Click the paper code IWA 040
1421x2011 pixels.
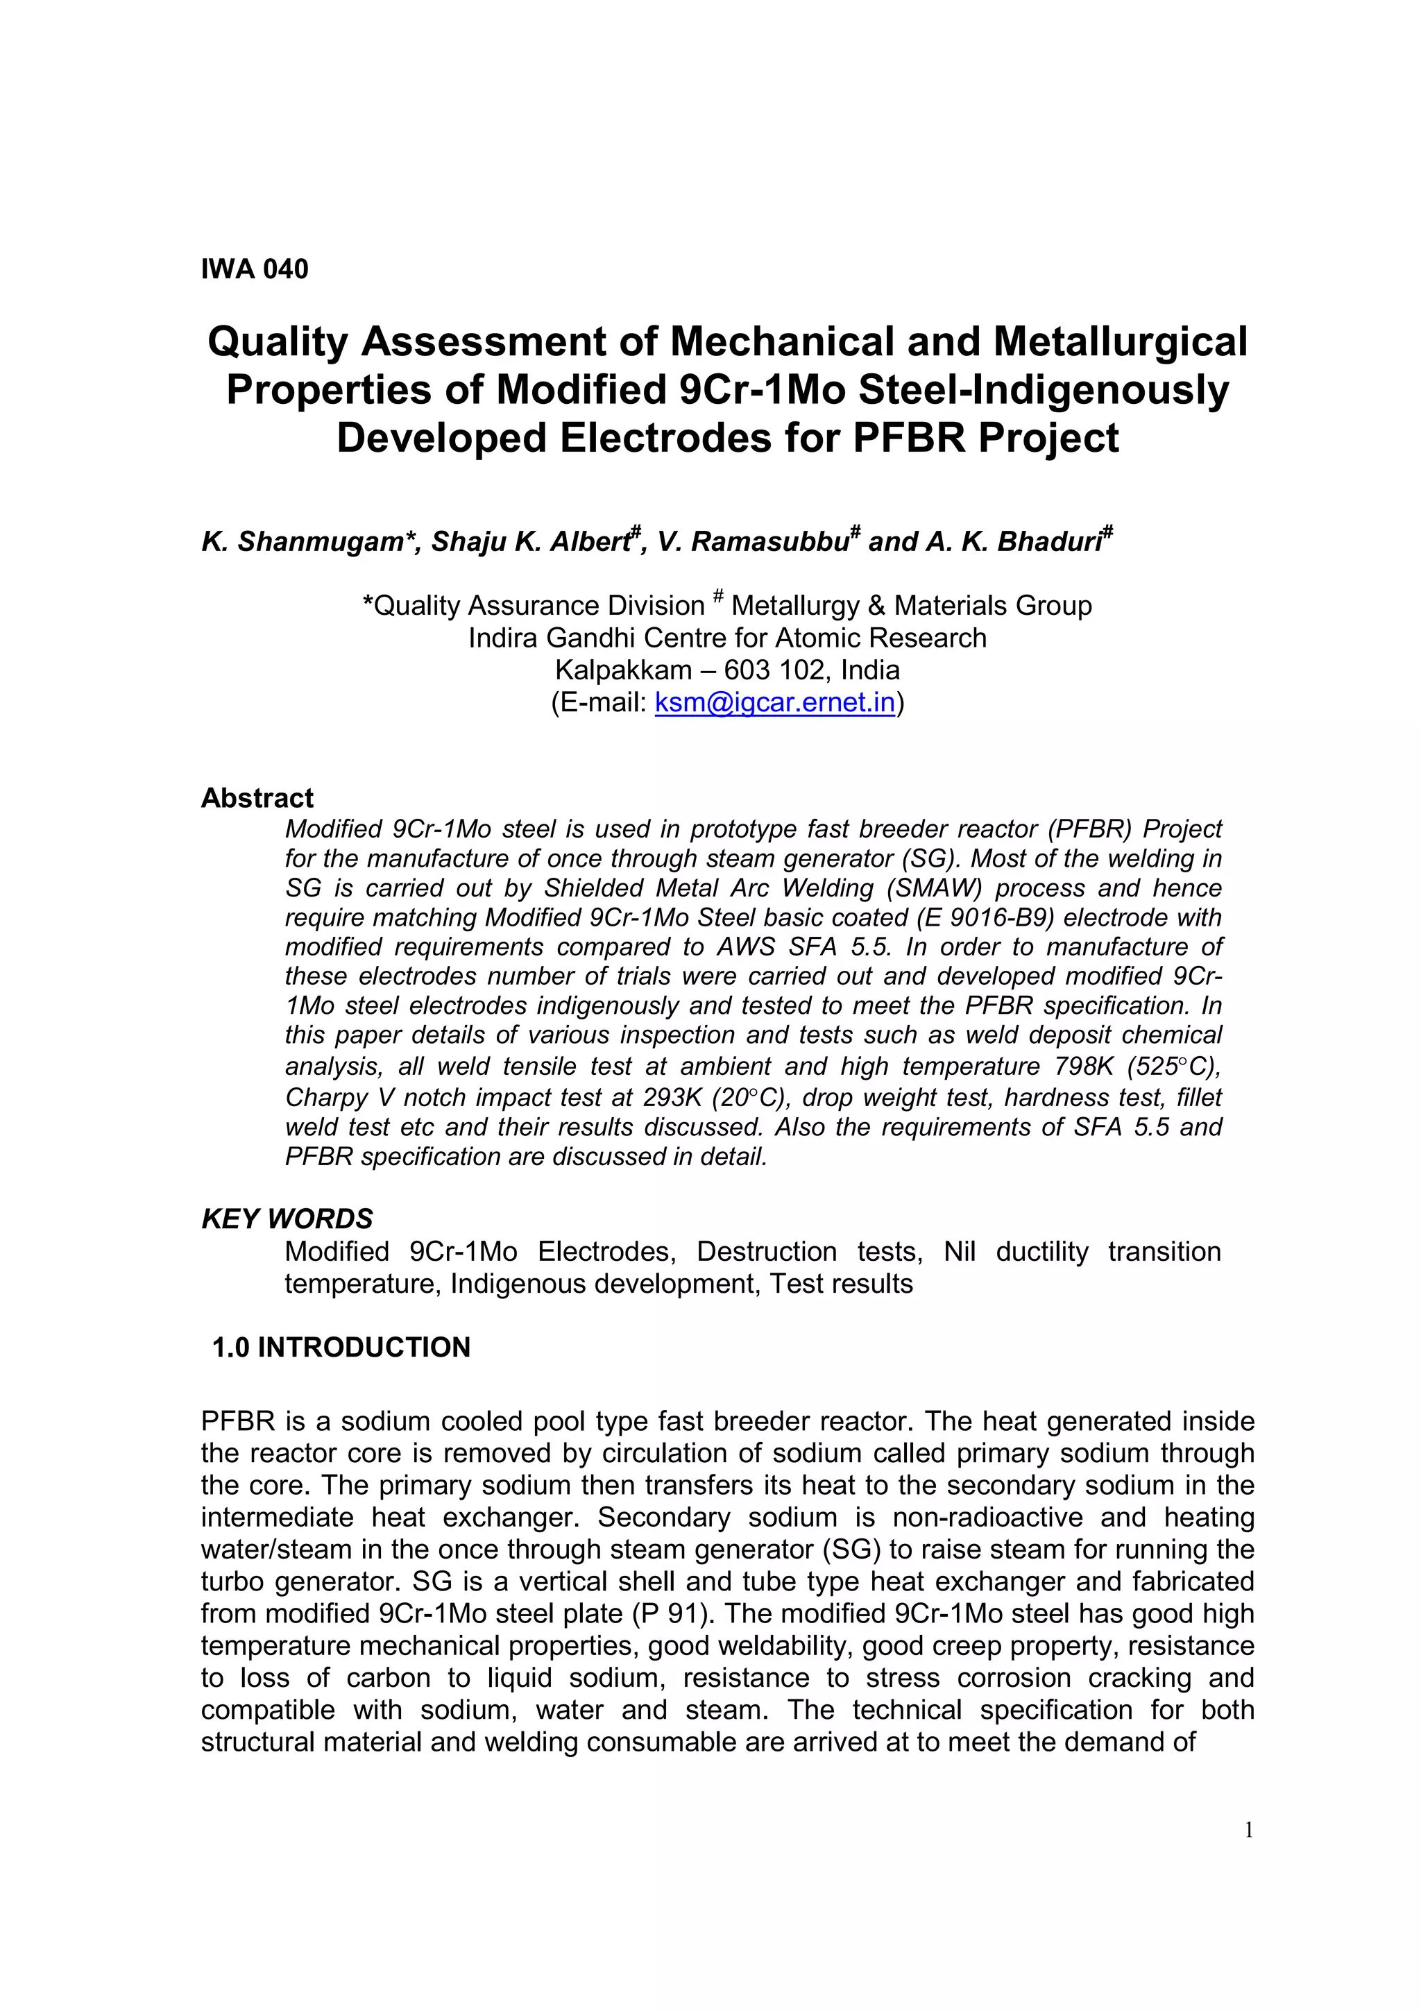tap(255, 269)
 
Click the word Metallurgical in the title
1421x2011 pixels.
tap(1120, 341)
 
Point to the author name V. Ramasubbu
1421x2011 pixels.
tap(754, 542)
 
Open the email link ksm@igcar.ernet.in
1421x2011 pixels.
tap(775, 702)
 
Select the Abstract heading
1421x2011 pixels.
tap(257, 798)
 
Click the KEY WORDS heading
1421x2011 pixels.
tap(287, 1219)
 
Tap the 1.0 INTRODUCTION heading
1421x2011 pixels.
tap(341, 1347)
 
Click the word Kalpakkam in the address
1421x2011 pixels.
tap(623, 670)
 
